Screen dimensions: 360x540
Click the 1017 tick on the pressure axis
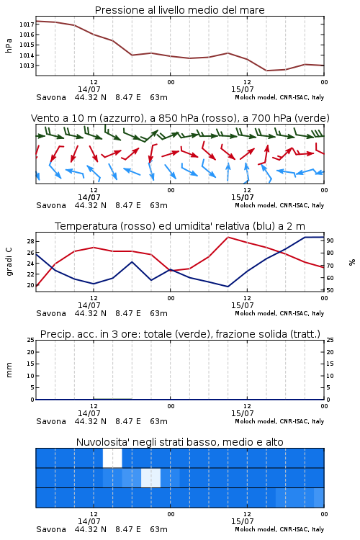[x=27, y=24]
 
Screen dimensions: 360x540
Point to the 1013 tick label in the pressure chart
[x=27, y=66]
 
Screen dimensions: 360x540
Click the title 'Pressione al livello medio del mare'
[x=179, y=10]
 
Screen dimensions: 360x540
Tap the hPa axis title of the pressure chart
[x=9, y=45]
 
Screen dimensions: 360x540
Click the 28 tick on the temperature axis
[x=30, y=241]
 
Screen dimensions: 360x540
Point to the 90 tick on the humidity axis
[x=330, y=240]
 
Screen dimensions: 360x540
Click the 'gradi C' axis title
[x=9, y=262]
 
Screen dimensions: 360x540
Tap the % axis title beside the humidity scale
[x=352, y=262]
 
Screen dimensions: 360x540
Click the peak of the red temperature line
[x=228, y=237]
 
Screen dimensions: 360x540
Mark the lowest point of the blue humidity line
[x=228, y=287]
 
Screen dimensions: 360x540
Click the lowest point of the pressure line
[x=266, y=71]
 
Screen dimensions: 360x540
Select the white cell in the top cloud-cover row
[x=112, y=458]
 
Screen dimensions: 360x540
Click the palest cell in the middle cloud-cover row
[x=151, y=477]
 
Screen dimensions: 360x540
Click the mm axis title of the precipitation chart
[x=9, y=370]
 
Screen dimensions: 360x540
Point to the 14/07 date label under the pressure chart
[x=89, y=89]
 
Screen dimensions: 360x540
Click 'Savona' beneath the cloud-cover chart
[x=51, y=529]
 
